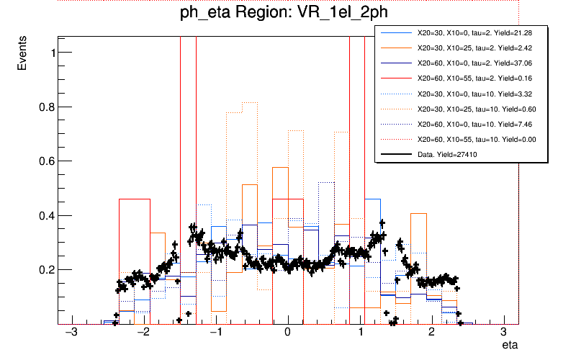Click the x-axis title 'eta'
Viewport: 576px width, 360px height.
pos(510,346)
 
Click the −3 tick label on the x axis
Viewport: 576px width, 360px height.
pos(71,335)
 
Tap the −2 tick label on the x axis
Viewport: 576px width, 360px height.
pos(143,335)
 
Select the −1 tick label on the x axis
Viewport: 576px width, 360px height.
pos(215,335)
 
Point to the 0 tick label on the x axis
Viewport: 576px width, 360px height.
pos(287,335)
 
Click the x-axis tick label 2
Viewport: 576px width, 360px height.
pos(431,335)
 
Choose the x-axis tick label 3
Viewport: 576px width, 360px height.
pos(503,335)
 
